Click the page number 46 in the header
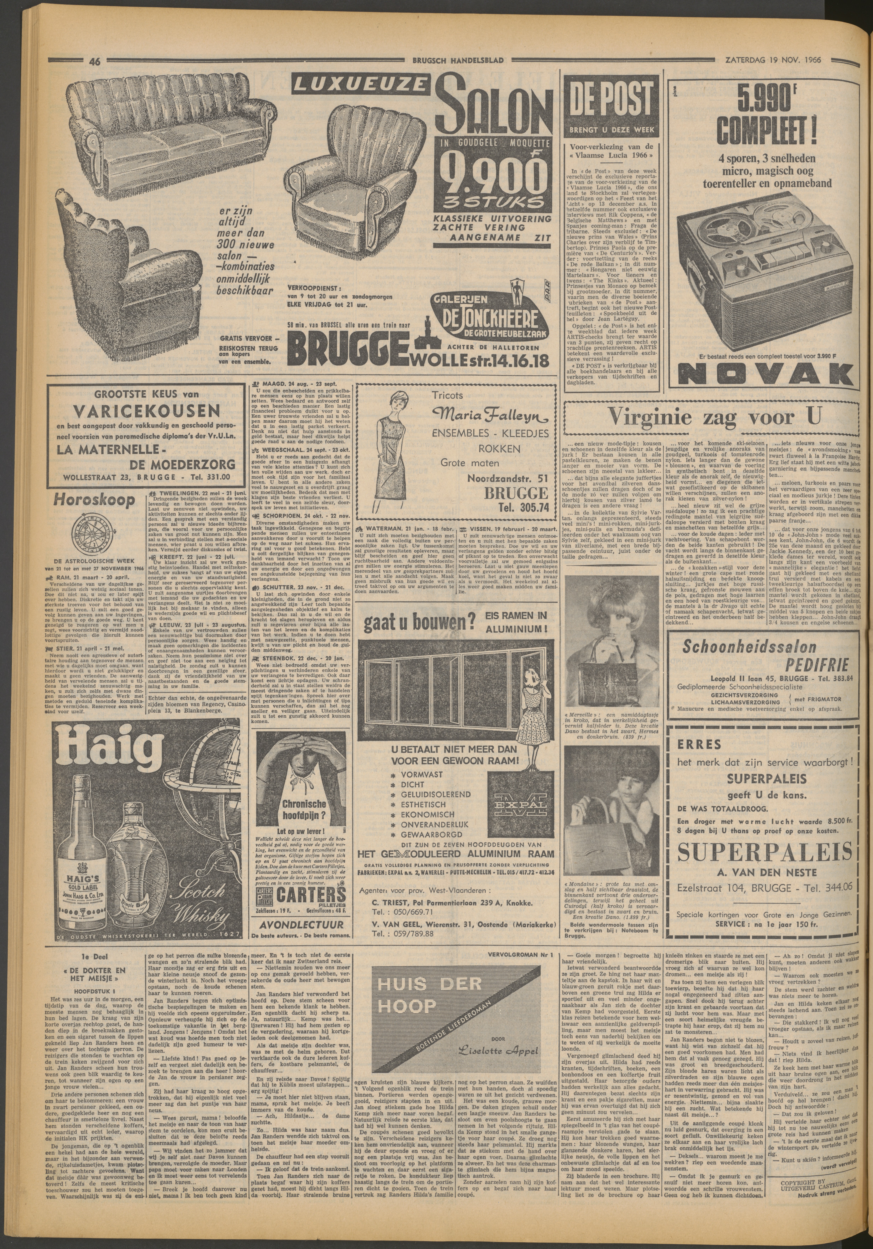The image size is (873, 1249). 95,62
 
